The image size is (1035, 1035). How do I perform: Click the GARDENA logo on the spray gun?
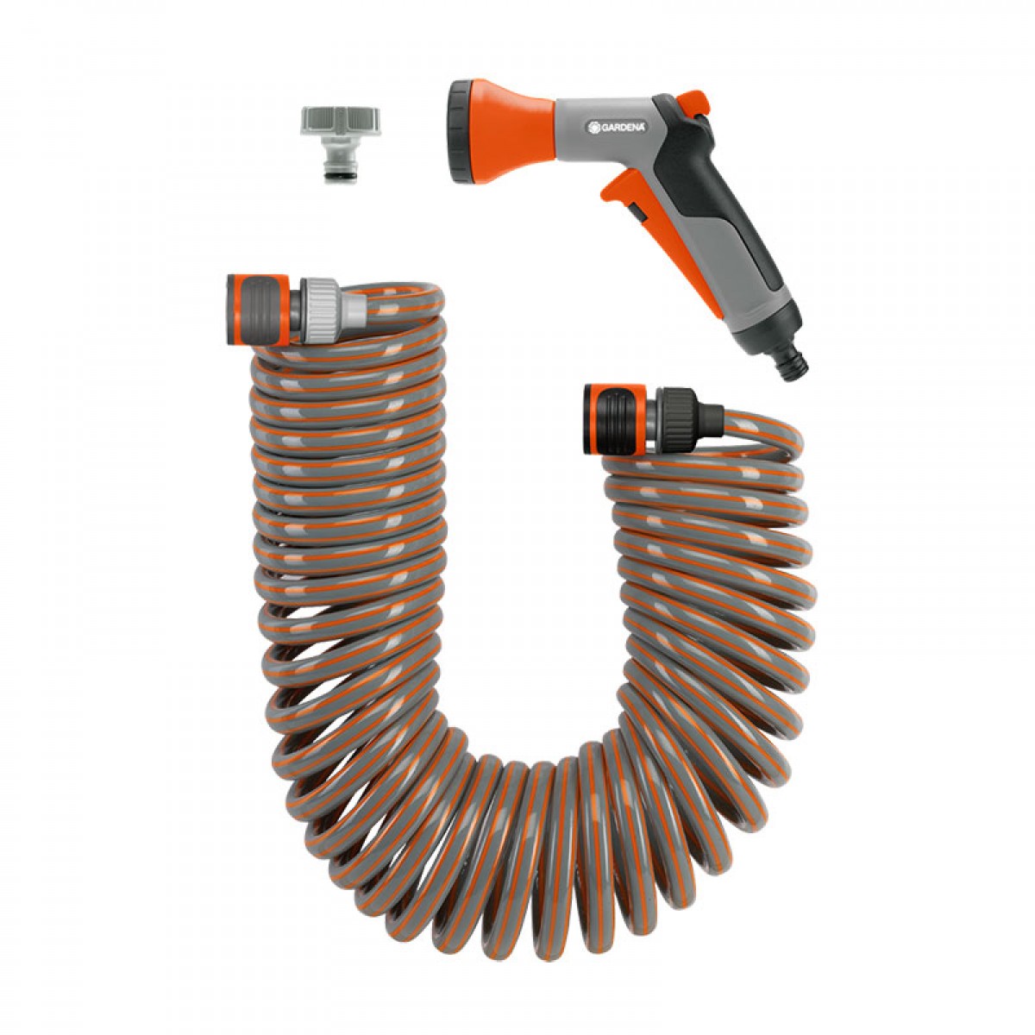(x=618, y=127)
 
